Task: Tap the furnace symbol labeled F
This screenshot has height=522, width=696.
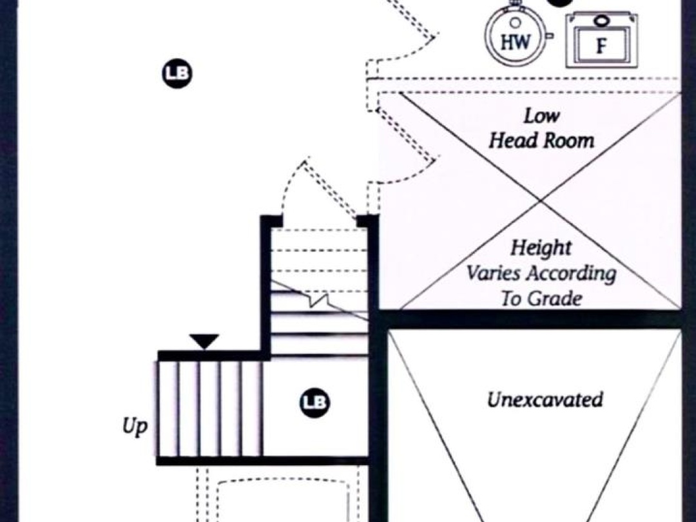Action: [x=601, y=41]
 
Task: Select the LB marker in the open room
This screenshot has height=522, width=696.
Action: [x=177, y=73]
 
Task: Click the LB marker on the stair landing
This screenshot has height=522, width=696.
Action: [x=314, y=403]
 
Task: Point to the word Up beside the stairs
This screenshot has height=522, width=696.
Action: [x=135, y=427]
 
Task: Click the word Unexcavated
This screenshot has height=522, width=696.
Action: [x=545, y=400]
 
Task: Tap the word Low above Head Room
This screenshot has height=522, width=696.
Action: [x=541, y=116]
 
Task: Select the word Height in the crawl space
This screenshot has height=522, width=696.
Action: [x=541, y=247]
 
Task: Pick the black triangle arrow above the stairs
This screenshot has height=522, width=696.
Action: [x=204, y=341]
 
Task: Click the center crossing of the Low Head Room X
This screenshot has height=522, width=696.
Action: [x=540, y=201]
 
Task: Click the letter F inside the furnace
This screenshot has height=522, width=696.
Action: [x=601, y=46]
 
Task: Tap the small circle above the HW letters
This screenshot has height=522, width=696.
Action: [x=516, y=22]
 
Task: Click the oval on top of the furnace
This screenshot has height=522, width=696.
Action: [x=600, y=20]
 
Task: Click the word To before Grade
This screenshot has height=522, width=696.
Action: [x=510, y=298]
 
